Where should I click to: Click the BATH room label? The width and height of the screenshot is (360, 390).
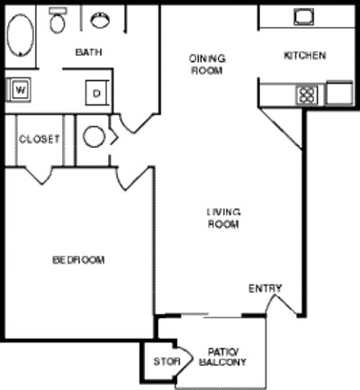click(x=88, y=52)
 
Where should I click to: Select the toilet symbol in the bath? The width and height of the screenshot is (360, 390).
click(x=58, y=21)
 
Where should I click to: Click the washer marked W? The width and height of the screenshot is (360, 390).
click(x=19, y=89)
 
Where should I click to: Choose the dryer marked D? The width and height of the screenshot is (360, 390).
click(x=94, y=92)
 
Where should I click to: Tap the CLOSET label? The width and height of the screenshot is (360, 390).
click(x=39, y=140)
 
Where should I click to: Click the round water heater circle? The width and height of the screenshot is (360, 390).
click(x=94, y=137)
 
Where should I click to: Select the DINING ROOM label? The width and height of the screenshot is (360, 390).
click(x=207, y=65)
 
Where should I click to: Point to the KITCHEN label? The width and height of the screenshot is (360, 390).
click(x=304, y=56)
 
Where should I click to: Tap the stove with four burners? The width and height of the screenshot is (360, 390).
click(x=307, y=93)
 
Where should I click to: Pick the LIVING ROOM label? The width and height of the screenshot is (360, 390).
click(x=223, y=218)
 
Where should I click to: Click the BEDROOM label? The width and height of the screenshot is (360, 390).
click(x=78, y=260)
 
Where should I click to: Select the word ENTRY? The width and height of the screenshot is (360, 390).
click(x=265, y=289)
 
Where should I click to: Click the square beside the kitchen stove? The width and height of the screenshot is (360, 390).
click(x=338, y=93)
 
